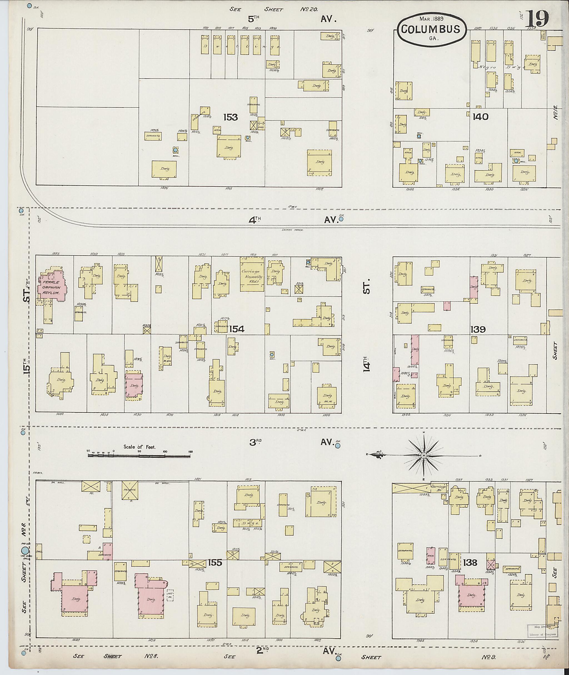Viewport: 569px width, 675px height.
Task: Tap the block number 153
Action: click(230, 117)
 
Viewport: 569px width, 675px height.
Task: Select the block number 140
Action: click(480, 117)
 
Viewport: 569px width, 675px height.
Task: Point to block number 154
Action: click(237, 329)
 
